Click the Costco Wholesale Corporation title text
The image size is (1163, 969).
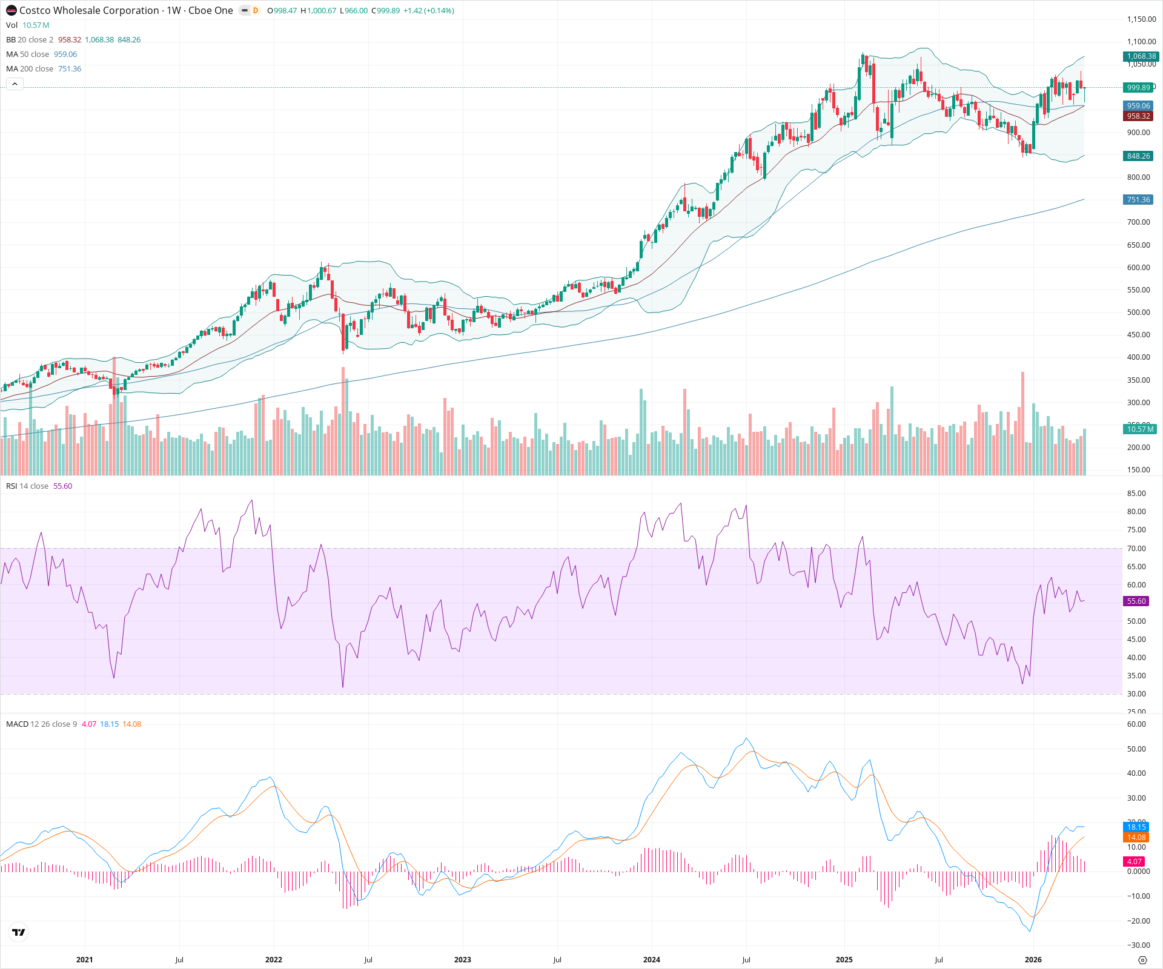pos(89,10)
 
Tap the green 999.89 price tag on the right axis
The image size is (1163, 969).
pos(1138,88)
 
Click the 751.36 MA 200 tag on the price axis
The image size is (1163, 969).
pos(1138,200)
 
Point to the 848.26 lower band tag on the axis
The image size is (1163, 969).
pos(1138,156)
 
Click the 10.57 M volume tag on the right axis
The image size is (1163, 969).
pos(1139,429)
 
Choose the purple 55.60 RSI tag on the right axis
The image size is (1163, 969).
pos(1136,601)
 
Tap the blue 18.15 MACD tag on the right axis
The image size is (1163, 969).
pos(1136,827)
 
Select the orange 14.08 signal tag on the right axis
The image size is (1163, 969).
pos(1136,838)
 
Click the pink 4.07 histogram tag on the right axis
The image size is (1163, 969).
pos(1135,862)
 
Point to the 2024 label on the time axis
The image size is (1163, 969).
pos(652,960)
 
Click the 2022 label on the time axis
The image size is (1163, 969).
pos(274,960)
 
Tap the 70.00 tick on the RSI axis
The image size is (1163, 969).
pos(1136,549)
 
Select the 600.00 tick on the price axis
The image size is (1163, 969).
pos(1138,268)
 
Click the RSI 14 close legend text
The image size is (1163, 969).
pos(27,486)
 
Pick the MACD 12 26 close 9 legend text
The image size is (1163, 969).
pos(42,724)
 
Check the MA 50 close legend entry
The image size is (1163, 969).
pos(28,55)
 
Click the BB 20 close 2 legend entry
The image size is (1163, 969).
pos(30,40)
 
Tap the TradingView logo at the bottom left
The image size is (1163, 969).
pos(19,932)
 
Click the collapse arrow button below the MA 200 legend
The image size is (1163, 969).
pos(15,84)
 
